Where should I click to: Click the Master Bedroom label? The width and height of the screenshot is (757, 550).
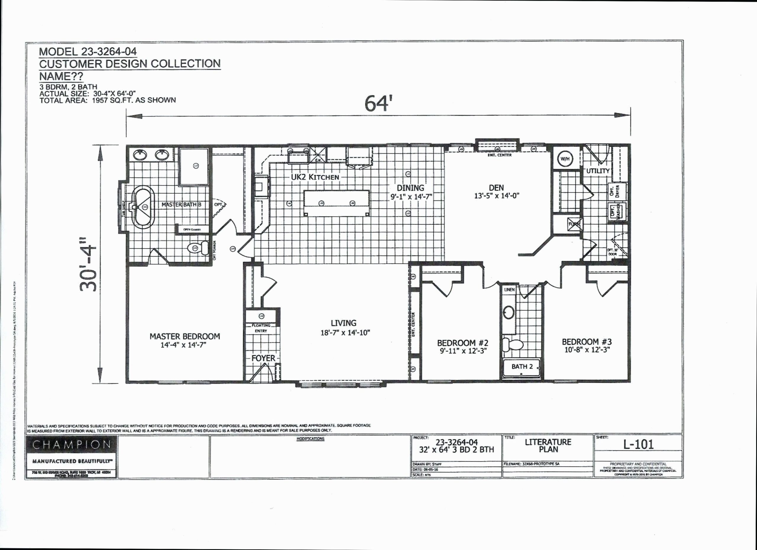[x=185, y=336]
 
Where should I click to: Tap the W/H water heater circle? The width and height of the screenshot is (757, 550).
[x=565, y=159]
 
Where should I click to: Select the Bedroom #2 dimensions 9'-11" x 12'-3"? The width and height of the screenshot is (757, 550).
[x=463, y=351]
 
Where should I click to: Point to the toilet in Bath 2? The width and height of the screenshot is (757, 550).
[x=512, y=345]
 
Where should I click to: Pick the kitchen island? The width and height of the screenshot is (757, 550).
[x=337, y=203]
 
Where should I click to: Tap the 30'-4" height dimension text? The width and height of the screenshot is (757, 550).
[x=88, y=264]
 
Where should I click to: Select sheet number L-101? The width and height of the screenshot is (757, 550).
[x=638, y=444]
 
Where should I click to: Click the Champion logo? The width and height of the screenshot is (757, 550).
[x=72, y=444]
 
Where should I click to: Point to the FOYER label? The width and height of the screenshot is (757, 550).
[x=263, y=358]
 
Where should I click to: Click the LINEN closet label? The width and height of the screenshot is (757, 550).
[x=509, y=290]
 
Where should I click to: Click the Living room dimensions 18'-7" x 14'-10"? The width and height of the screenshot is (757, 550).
[x=345, y=333]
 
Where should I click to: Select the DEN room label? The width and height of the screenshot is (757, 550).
[x=496, y=188]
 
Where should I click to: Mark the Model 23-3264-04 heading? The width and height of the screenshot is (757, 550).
[x=88, y=52]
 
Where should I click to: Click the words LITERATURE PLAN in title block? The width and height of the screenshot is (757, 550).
[x=548, y=446]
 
